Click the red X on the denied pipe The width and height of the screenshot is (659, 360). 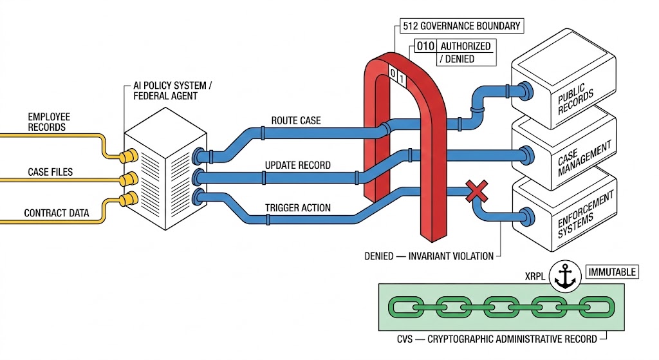(x=476, y=191)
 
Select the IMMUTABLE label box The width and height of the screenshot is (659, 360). (x=611, y=272)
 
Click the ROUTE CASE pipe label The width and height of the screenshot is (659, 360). (x=296, y=120)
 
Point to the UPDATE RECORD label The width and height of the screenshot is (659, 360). (x=298, y=165)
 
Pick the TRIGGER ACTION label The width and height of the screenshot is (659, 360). (x=298, y=208)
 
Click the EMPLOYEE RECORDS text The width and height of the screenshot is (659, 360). (x=49, y=122)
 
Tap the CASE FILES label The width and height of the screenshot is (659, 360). (x=50, y=172)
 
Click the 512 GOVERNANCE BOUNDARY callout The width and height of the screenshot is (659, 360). (x=461, y=26)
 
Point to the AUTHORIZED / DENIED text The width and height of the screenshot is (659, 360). (x=465, y=52)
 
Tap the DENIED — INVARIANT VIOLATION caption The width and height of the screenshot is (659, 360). (x=429, y=256)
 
